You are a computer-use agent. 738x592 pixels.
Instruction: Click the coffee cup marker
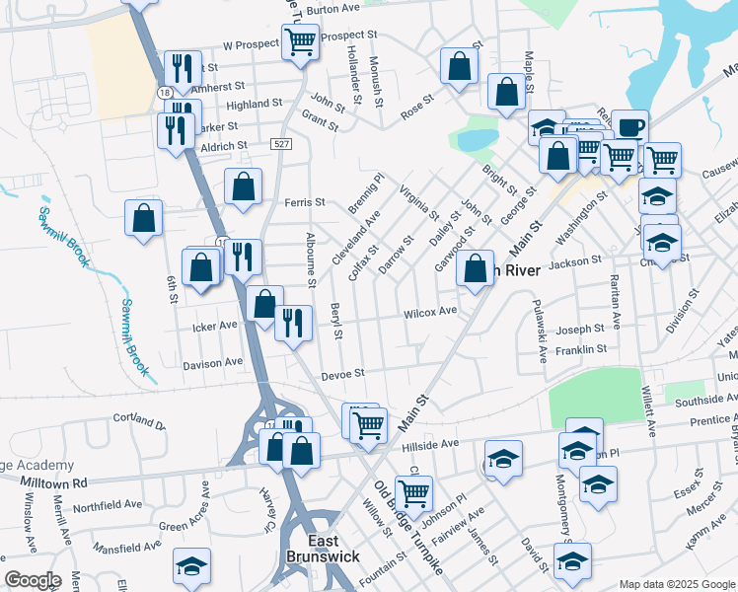(x=630, y=126)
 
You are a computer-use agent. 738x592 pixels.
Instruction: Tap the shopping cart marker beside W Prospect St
(x=300, y=42)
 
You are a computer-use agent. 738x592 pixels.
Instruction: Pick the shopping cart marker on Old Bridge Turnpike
(x=413, y=491)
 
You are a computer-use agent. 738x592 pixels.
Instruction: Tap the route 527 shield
(x=282, y=144)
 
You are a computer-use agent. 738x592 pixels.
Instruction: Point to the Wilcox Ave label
(x=430, y=312)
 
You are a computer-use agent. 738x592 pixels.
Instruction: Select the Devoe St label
(x=345, y=373)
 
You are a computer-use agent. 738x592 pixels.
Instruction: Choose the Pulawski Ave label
(x=539, y=333)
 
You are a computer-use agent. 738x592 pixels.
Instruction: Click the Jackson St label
(x=574, y=261)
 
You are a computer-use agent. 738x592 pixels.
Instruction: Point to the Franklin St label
(x=580, y=349)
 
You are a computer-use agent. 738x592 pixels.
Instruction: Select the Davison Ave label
(x=213, y=362)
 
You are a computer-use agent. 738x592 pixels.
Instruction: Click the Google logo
(x=33, y=580)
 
